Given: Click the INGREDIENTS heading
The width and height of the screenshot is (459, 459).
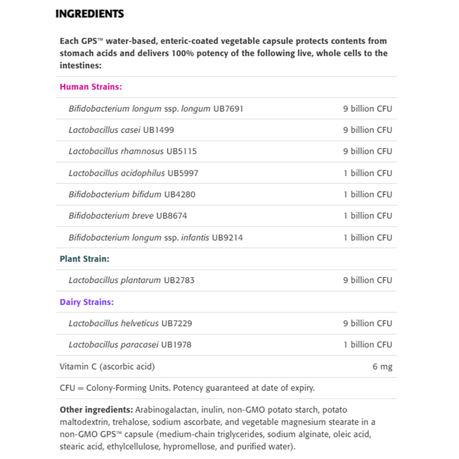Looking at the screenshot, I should click(90, 14).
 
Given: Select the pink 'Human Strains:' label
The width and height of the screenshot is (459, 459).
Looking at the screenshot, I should click(91, 87).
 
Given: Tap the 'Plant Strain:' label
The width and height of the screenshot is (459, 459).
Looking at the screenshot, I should click(84, 259).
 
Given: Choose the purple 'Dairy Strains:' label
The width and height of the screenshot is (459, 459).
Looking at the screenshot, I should click(86, 302).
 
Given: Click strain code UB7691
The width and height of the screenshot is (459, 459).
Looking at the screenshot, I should click(228, 109).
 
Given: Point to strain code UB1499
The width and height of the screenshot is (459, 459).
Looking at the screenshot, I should click(158, 130).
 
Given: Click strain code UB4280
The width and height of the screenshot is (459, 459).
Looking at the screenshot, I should click(179, 195).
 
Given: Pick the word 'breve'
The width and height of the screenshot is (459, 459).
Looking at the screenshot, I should click(143, 216).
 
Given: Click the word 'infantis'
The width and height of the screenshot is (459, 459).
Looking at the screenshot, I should click(195, 238).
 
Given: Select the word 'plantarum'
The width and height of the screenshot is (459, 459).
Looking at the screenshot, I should click(141, 280).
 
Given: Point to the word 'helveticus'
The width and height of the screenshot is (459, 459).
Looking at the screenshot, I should click(140, 324).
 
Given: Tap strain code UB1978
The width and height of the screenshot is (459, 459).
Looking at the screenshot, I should click(176, 345).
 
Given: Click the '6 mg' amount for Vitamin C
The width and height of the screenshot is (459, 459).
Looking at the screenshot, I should click(382, 367).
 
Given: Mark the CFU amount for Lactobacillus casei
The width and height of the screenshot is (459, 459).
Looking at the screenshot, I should click(367, 130).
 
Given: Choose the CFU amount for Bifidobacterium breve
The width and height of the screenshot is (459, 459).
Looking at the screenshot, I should click(367, 216).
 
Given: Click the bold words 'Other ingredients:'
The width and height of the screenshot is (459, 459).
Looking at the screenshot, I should click(96, 410).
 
